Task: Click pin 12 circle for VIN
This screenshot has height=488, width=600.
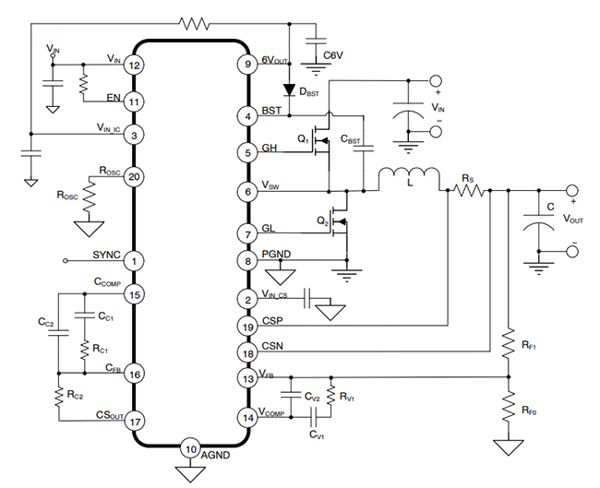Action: click(135, 65)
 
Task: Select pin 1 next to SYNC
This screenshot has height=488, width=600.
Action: click(135, 261)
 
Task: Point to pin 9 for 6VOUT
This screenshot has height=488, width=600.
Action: click(246, 65)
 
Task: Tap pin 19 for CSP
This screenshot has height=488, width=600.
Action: click(246, 326)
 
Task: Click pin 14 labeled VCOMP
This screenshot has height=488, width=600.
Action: click(246, 416)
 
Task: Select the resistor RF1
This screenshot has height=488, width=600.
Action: click(507, 343)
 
